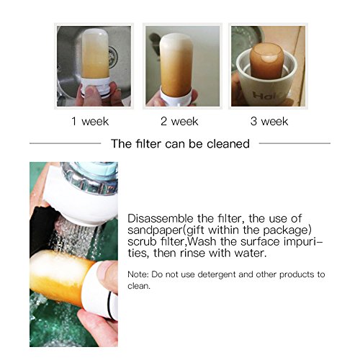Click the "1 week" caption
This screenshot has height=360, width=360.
click(90, 121)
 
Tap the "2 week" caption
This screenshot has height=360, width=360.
click(179, 121)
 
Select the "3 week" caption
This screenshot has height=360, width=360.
click(269, 121)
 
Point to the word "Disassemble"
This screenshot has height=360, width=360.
click(161, 218)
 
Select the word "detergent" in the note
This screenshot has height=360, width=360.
click(217, 274)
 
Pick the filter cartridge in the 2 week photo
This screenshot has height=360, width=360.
click(176, 66)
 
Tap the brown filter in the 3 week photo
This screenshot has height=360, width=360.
click(266, 61)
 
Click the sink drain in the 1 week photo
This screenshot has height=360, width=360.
click(113, 57)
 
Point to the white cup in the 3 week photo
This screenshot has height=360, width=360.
click(266, 81)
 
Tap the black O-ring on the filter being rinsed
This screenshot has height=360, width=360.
click(111, 305)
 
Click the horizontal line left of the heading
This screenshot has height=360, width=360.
click(66, 143)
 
